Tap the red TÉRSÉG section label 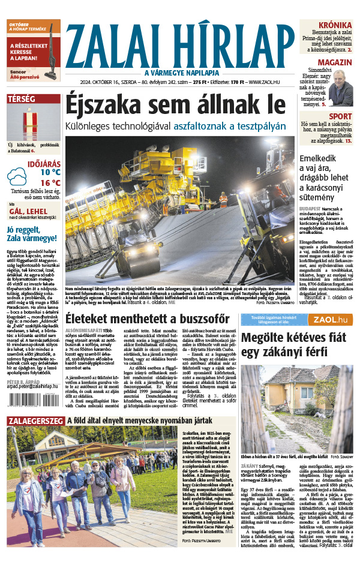(22, 98)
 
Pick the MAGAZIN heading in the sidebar (335, 62)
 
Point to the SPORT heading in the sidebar (340, 116)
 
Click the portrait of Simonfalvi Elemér (341, 87)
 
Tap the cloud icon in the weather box (17, 177)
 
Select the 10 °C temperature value (50, 172)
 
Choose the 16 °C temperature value (50, 183)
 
